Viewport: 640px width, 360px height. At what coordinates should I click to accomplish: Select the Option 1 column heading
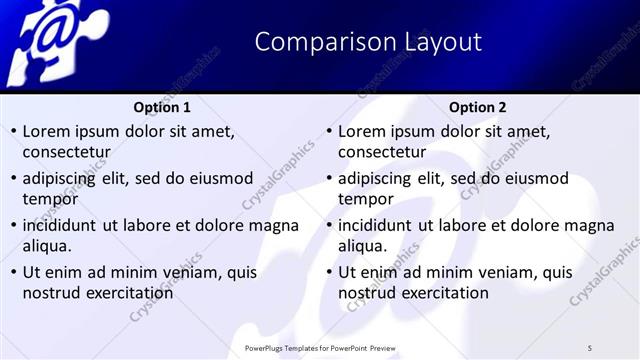point(161,107)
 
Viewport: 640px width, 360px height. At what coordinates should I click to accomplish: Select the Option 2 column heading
point(477,107)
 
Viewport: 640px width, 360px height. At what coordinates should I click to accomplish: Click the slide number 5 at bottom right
point(590,346)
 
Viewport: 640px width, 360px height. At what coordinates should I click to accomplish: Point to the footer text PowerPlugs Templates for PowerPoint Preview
point(320,346)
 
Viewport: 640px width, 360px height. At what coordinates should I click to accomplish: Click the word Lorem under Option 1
point(46,131)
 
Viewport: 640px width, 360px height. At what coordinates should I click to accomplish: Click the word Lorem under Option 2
point(362,131)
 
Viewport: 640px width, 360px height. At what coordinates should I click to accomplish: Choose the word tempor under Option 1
point(49,199)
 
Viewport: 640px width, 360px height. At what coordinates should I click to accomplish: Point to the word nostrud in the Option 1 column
point(52,293)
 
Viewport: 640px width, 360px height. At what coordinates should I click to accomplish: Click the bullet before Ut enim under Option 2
point(329,272)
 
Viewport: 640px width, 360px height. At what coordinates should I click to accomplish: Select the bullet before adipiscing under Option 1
point(13,178)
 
